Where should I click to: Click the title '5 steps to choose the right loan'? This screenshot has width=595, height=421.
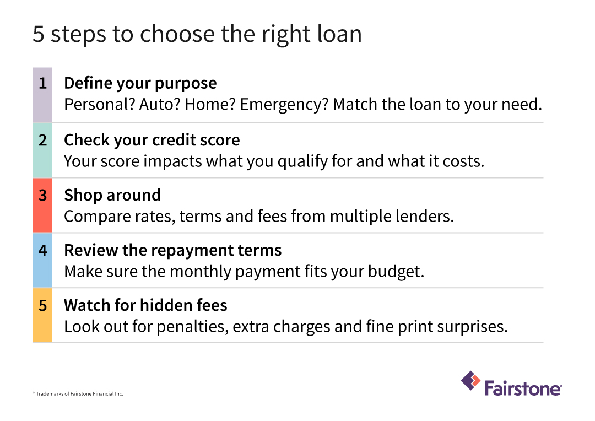pyautogui.click(x=197, y=34)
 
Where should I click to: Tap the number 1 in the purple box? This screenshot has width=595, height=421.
pyautogui.click(x=42, y=84)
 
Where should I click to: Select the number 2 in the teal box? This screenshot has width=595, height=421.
pyautogui.click(x=42, y=140)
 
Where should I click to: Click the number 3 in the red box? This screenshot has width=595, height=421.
pyautogui.click(x=42, y=195)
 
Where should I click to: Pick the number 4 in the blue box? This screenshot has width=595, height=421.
pyautogui.click(x=42, y=250)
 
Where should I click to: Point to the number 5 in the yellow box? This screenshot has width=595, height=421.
pyautogui.click(x=42, y=305)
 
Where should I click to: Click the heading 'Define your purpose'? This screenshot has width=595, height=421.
pyautogui.click(x=140, y=84)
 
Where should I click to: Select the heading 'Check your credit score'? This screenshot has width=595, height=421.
pyautogui.click(x=152, y=140)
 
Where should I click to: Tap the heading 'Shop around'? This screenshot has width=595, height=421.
pyautogui.click(x=112, y=195)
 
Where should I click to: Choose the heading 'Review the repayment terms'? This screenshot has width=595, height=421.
pyautogui.click(x=172, y=250)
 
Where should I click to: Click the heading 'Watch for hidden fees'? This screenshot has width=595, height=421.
pyautogui.click(x=145, y=305)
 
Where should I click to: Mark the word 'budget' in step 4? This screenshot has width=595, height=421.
pyautogui.click(x=401, y=271)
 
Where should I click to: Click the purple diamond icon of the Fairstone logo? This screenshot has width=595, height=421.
pyautogui.click(x=470, y=381)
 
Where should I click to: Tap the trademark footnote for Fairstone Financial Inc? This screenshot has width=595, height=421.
pyautogui.click(x=78, y=394)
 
